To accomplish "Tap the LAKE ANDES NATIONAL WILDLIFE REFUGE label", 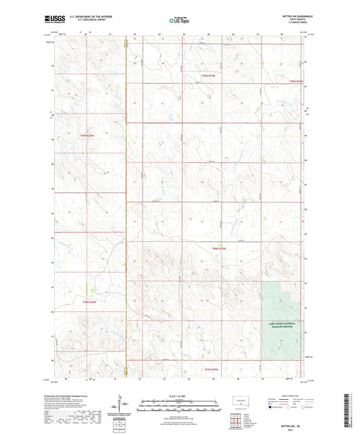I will click(x=283, y=325).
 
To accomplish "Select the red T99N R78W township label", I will click(x=297, y=82).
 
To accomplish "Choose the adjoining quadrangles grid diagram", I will click(x=235, y=424).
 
